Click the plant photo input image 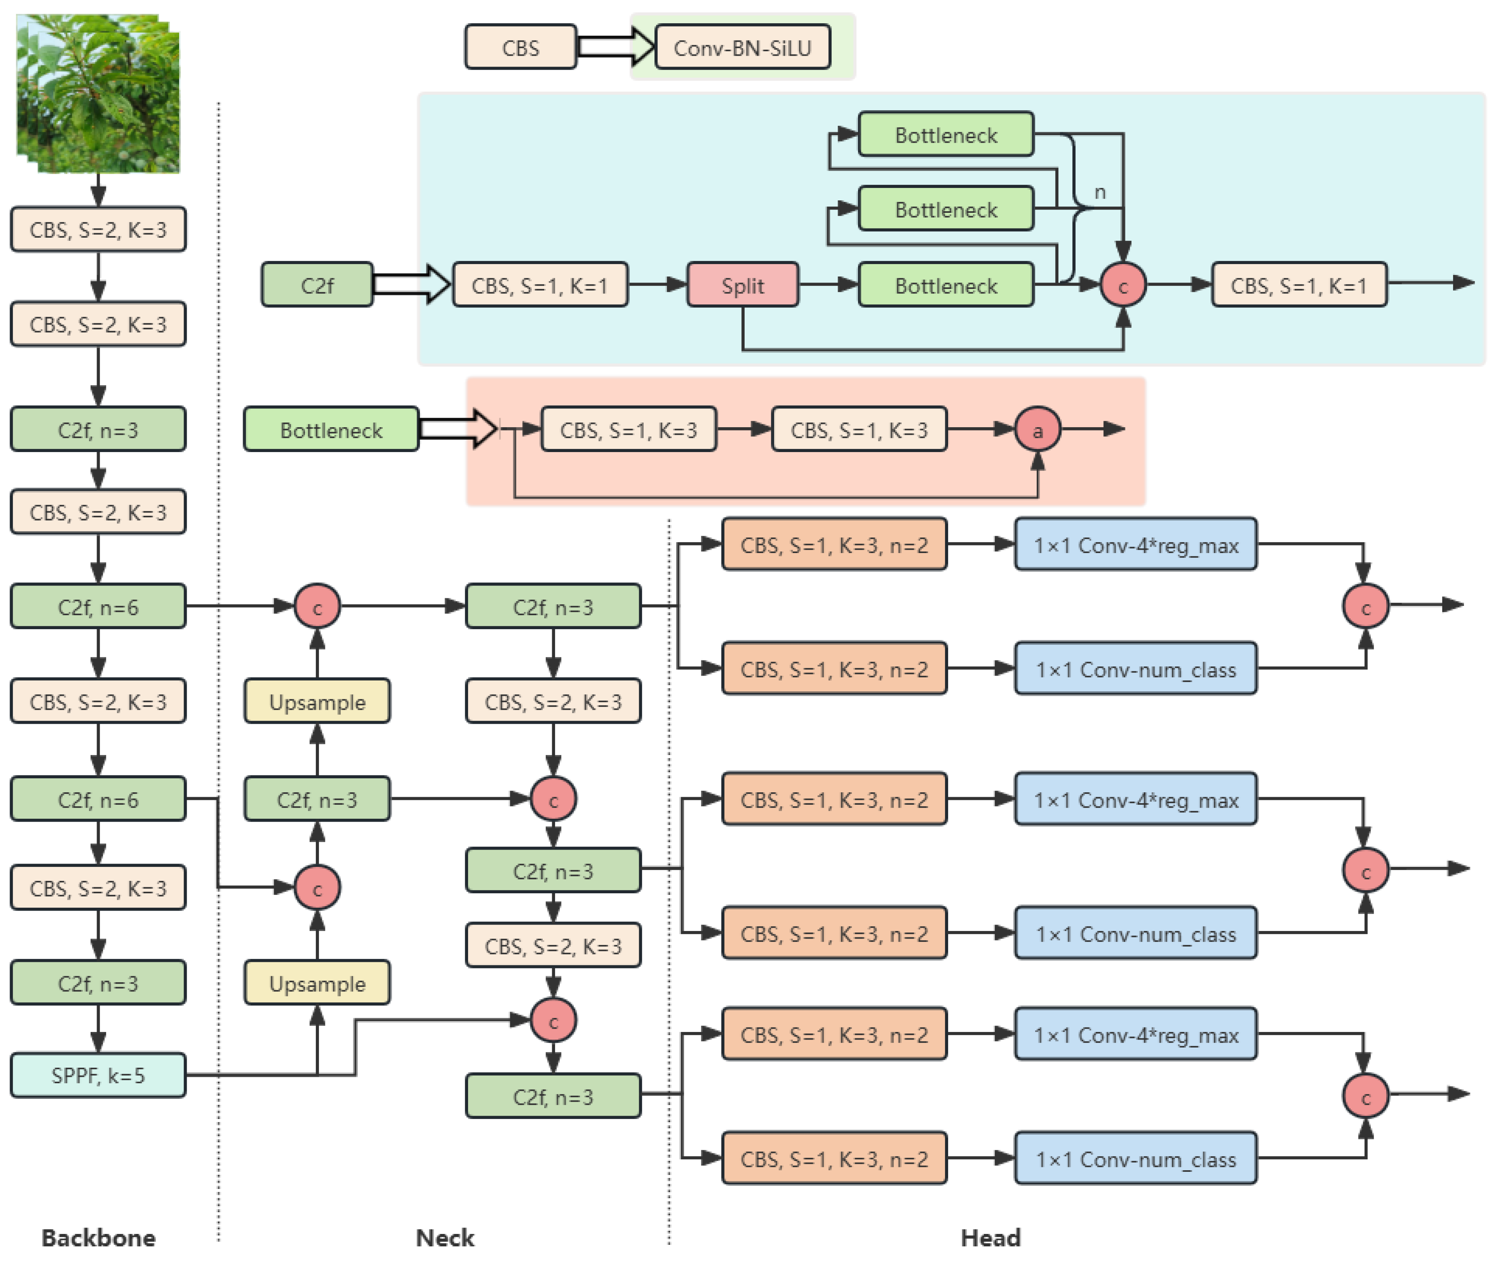coord(98,93)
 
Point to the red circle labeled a coord(1037,430)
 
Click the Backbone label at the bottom coord(98,1237)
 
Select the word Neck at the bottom coord(445,1237)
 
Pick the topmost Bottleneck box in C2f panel coord(945,135)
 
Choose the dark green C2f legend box coord(317,285)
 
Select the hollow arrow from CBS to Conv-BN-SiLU coord(615,47)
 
